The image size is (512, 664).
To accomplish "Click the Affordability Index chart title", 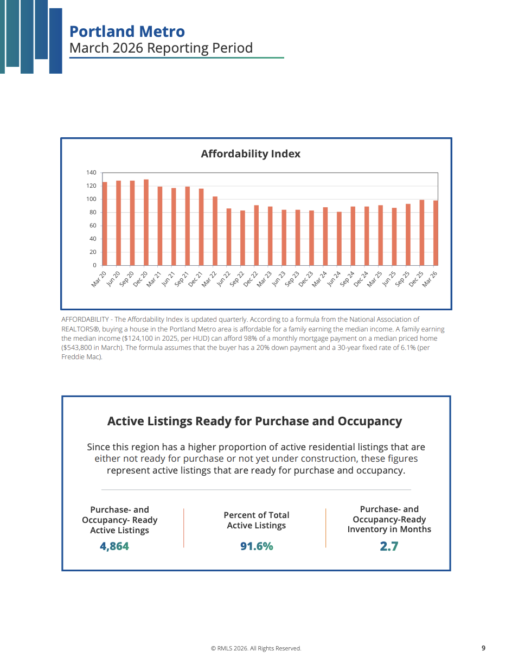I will click(250, 154).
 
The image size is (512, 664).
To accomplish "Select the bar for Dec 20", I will click(146, 222).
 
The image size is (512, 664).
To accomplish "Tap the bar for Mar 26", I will click(436, 233).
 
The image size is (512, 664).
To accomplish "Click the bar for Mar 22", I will click(215, 231).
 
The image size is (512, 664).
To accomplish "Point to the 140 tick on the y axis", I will click(91, 173).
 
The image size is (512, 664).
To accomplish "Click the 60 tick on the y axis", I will click(93, 226).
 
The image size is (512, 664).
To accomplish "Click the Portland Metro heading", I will click(127, 31).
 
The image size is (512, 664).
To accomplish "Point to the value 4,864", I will click(114, 546).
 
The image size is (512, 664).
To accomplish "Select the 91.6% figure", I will click(257, 546).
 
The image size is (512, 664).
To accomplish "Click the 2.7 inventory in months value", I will click(389, 546).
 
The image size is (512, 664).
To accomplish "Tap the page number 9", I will click(483, 648).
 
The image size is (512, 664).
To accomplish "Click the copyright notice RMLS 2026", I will click(256, 648).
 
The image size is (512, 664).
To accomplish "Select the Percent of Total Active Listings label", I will click(257, 520).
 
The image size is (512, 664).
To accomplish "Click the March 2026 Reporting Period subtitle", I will click(161, 48).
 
